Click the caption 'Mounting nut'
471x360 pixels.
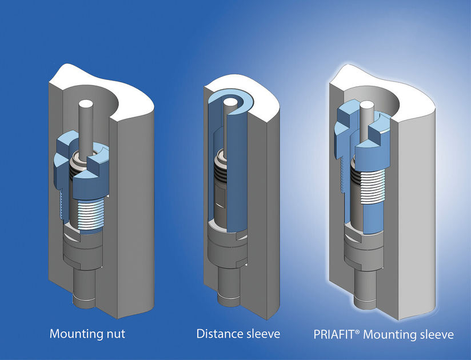point(86,334)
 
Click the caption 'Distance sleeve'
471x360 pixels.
point(238,334)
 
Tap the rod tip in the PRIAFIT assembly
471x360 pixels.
point(368,106)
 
